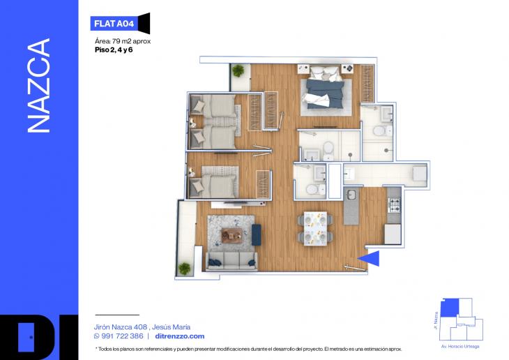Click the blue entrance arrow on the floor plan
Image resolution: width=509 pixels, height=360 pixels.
pyautogui.click(x=372, y=259)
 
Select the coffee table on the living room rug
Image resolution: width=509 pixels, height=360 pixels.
pyautogui.click(x=231, y=235)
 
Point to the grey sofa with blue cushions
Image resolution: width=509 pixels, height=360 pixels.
pyautogui.click(x=230, y=261)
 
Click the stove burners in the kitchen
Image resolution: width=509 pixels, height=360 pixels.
pyautogui.click(x=394, y=205)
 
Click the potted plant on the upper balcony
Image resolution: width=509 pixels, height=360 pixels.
pyautogui.click(x=239, y=70)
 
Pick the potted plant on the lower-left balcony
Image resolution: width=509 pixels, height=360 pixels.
pyautogui.click(x=185, y=268)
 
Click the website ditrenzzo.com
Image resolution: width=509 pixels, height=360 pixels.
pyautogui.click(x=179, y=336)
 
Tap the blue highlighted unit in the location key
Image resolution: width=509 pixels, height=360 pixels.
pyautogui.click(x=453, y=306)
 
